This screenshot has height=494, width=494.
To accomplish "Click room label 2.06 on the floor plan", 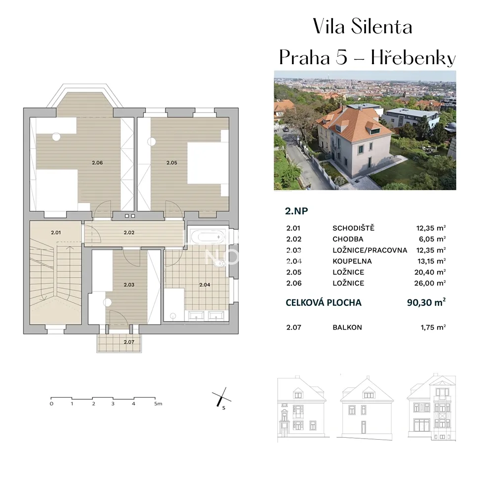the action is pyautogui.click(x=97, y=163).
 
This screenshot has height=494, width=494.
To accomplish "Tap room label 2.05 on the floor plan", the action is pyautogui.click(x=172, y=163).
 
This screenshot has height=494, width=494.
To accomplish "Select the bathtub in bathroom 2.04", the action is pyautogui.click(x=207, y=236).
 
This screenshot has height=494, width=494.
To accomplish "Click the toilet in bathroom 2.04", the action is pyautogui.click(x=220, y=263).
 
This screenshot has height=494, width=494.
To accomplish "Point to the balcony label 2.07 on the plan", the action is pyautogui.click(x=129, y=342).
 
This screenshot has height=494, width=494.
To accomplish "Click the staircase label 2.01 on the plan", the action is pyautogui.click(x=56, y=233).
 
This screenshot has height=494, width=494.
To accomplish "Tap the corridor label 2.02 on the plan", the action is pyautogui.click(x=129, y=233).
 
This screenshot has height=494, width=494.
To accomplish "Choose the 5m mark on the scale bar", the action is pyautogui.click(x=158, y=404).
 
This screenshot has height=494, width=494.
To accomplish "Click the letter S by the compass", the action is pyautogui.click(x=224, y=408).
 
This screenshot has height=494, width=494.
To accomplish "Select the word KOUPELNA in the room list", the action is pyautogui.click(x=352, y=261).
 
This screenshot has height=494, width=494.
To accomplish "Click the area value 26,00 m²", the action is pyautogui.click(x=430, y=283).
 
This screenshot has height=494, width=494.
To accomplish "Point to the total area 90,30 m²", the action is pyautogui.click(x=426, y=302).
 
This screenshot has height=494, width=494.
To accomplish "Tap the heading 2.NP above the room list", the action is pyautogui.click(x=296, y=211).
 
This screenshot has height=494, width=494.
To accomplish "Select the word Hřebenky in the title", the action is pyautogui.click(x=413, y=58).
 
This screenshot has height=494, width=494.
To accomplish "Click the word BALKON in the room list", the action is pyautogui.click(x=347, y=328).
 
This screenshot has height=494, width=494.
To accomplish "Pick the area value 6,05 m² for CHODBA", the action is pyautogui.click(x=432, y=239).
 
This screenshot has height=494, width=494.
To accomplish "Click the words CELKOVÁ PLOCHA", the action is pyautogui.click(x=324, y=302).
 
